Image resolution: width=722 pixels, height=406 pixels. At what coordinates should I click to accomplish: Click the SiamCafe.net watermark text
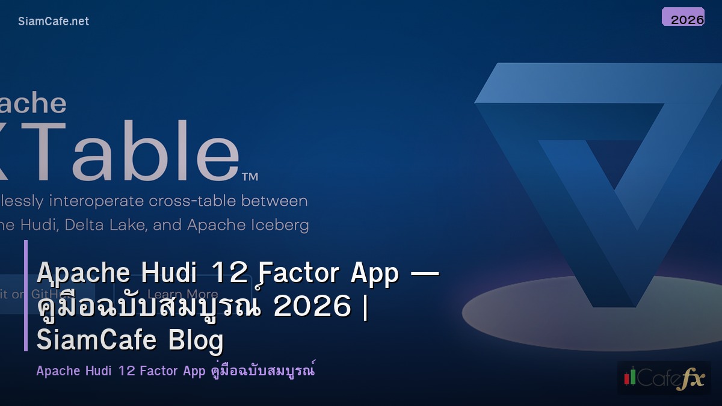click(54, 21)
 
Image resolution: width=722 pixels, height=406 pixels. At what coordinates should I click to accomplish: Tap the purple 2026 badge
click(683, 17)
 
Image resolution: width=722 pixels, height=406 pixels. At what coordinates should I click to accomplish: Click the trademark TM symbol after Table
click(250, 176)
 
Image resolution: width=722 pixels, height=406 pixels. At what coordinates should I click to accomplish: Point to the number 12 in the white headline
click(229, 274)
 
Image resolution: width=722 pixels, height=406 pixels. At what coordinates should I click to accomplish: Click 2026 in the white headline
click(312, 307)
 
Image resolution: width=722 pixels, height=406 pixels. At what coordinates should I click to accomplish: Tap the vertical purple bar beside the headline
click(26, 295)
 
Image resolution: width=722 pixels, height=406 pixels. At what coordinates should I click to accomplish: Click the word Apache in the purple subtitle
click(58, 371)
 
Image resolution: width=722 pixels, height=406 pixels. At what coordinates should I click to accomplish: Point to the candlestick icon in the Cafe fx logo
click(630, 377)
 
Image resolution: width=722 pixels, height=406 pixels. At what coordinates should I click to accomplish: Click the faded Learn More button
click(182, 294)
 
